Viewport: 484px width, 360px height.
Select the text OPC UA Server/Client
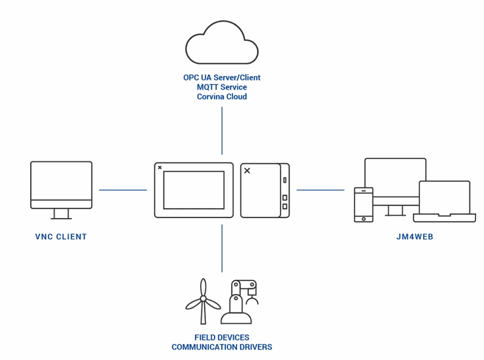pyautogui.click(x=221, y=78)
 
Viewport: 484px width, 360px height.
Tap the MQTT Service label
pyautogui.click(x=221, y=87)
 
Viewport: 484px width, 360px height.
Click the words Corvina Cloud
pyautogui.click(x=221, y=97)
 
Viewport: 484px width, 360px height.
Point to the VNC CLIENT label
pyautogui.click(x=61, y=237)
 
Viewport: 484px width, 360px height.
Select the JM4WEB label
pyautogui.click(x=415, y=237)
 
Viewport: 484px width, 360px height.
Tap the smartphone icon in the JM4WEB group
pyautogui.click(x=364, y=204)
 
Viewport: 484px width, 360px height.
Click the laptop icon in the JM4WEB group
pyautogui.click(x=444, y=201)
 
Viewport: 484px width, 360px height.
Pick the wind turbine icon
pyautogui.click(x=203, y=301)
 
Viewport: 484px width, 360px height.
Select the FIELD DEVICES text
pyautogui.click(x=221, y=338)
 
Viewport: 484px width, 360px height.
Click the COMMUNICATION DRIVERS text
pyautogui.click(x=221, y=347)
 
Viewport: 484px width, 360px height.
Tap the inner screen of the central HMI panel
pyautogui.click(x=194, y=190)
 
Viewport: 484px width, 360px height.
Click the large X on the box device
pyautogui.click(x=247, y=171)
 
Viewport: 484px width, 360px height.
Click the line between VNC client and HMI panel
pyautogui.click(x=123, y=190)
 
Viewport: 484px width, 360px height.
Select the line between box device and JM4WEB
pyautogui.click(x=320, y=190)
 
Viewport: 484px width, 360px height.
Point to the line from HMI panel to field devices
pyautogui.click(x=222, y=248)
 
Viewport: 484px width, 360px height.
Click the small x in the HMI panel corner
pyautogui.click(x=160, y=168)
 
